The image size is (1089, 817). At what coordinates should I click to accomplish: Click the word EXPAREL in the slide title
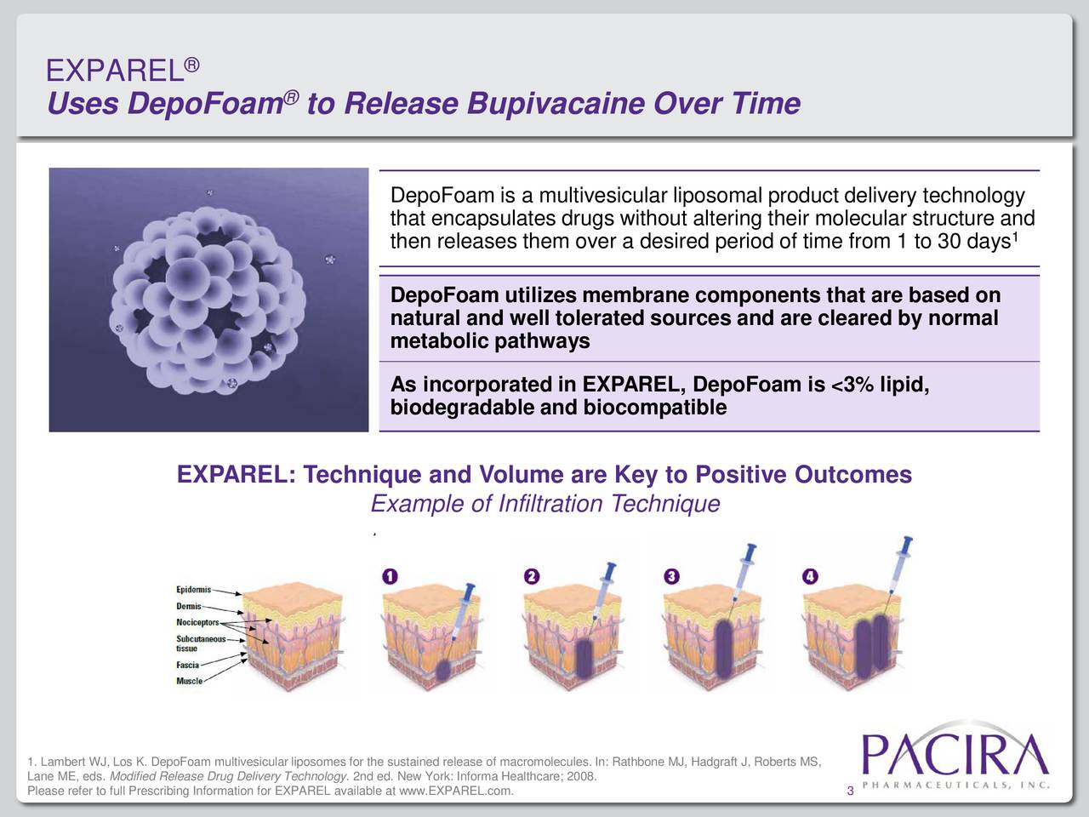click(114, 71)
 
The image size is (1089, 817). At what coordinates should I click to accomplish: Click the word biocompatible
click(654, 408)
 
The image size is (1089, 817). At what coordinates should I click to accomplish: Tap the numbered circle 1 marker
click(389, 576)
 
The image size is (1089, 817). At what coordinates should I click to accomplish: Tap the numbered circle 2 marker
click(531, 576)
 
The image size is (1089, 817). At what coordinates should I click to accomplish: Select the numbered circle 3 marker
click(670, 576)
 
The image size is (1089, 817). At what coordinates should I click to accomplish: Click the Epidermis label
click(195, 590)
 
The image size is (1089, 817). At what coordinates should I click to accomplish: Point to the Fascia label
click(187, 665)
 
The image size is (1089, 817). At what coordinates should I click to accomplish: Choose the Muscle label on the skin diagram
click(189, 681)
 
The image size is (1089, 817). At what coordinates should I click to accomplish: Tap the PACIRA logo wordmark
click(955, 753)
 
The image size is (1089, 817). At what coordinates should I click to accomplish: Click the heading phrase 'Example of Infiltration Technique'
click(545, 505)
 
